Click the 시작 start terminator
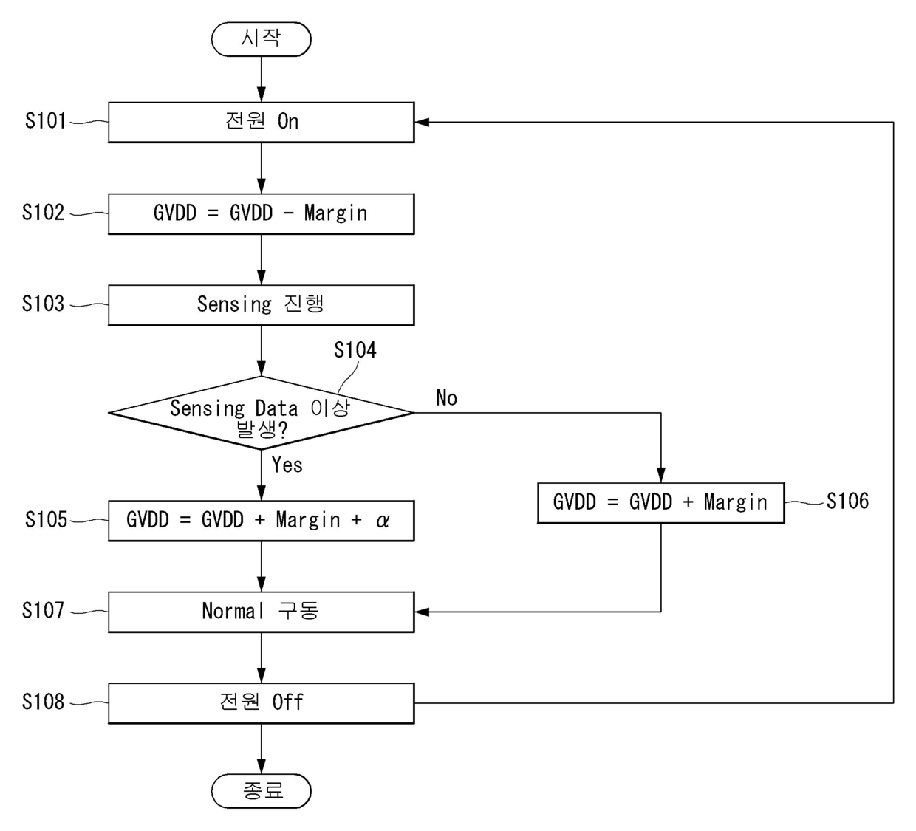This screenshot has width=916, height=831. coord(262,39)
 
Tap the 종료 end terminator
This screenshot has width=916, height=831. coord(262,791)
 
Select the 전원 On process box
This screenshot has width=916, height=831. coord(262,123)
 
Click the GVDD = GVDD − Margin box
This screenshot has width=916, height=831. coord(262,213)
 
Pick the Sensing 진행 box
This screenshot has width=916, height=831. coord(262,305)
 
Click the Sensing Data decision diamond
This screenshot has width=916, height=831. coord(262,413)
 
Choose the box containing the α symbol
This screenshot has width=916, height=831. coord(262,521)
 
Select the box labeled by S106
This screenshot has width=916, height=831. coord(660,503)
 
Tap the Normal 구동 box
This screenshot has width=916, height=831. coord(262,612)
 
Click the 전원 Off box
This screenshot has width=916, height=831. coord(262,703)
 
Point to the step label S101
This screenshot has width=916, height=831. coord(45,121)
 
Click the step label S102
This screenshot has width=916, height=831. coord(44,212)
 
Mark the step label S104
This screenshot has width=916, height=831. coord(355,350)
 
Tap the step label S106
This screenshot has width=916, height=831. coord(847,501)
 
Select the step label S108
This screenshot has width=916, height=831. coord(44,702)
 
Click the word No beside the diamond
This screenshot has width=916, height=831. coord(446,397)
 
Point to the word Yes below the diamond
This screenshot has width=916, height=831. coord(287,465)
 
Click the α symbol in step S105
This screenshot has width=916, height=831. coord(383,521)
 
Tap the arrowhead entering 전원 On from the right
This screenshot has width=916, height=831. coord(422,123)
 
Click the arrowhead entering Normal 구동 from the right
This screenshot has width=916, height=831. coord(422,612)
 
